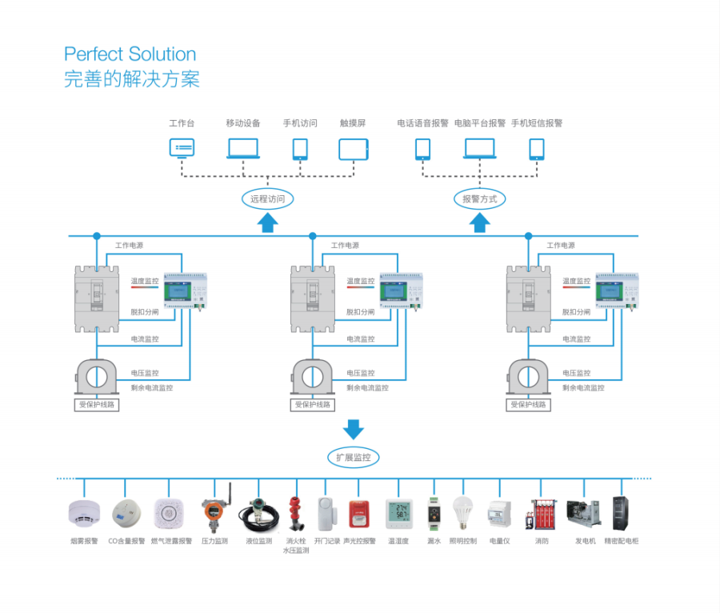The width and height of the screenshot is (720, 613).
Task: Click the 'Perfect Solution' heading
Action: coord(130,54)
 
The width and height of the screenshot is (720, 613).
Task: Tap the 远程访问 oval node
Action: coord(267,199)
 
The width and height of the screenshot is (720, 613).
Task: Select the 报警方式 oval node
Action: coord(479,199)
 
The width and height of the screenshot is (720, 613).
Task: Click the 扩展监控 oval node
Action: coord(353,458)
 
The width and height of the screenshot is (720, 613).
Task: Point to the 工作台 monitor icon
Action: coord(182,148)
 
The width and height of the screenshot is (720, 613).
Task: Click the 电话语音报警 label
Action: coord(422,123)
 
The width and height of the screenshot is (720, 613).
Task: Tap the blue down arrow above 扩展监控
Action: coord(353,429)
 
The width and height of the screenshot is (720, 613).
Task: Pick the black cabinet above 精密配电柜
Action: coord(622,513)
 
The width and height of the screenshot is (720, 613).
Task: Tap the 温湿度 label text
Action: coord(398,541)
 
